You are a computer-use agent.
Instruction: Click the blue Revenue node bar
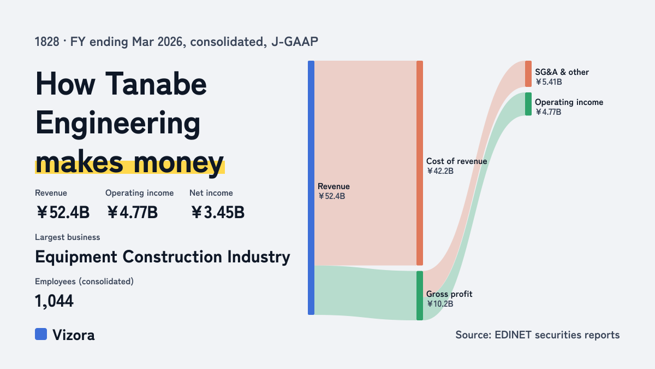tap(311, 188)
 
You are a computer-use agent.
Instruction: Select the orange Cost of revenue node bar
tap(420, 163)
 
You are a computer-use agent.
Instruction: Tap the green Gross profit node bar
tap(420, 296)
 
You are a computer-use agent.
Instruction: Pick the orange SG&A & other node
tap(528, 74)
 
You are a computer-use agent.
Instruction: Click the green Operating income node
tap(528, 104)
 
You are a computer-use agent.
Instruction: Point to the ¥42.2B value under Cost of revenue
tap(440, 171)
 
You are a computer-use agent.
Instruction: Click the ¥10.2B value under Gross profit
tap(440, 304)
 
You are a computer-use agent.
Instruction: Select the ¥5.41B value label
tap(549, 82)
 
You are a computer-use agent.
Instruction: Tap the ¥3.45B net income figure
tap(218, 212)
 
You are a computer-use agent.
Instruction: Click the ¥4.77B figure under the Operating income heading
tap(132, 212)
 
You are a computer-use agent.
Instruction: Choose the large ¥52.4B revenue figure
tap(63, 212)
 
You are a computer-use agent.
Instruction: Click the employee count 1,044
tap(54, 301)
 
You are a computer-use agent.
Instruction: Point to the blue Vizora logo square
tap(41, 334)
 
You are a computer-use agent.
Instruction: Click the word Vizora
tap(74, 335)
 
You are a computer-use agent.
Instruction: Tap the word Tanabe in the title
tap(156, 84)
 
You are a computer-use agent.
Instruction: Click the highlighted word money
tap(178, 163)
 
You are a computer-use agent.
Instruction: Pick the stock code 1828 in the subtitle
tap(47, 42)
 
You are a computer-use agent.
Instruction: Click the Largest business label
tap(68, 237)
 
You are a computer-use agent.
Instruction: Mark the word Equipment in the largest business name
tap(76, 257)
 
